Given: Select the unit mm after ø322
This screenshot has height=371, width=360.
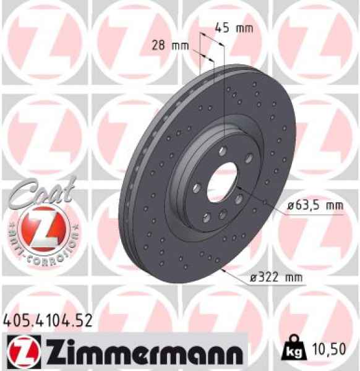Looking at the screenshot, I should click(x=296, y=278).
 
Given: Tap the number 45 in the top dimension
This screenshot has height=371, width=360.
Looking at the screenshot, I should click(x=221, y=28).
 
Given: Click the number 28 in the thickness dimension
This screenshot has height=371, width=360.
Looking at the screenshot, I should click(x=159, y=45).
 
